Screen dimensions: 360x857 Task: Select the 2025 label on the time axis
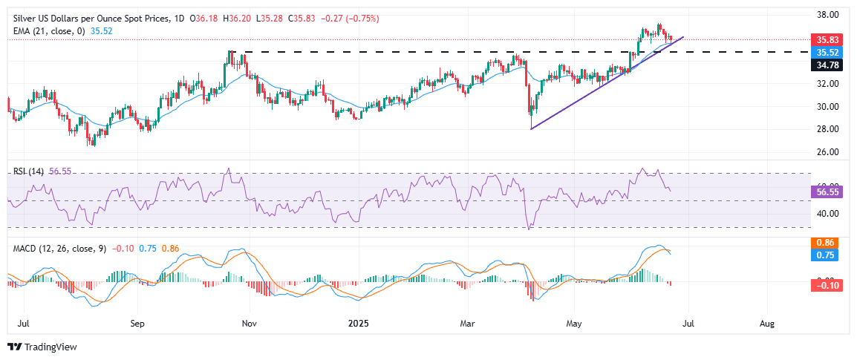pos(358,324)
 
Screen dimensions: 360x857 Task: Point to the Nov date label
pos(249,324)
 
